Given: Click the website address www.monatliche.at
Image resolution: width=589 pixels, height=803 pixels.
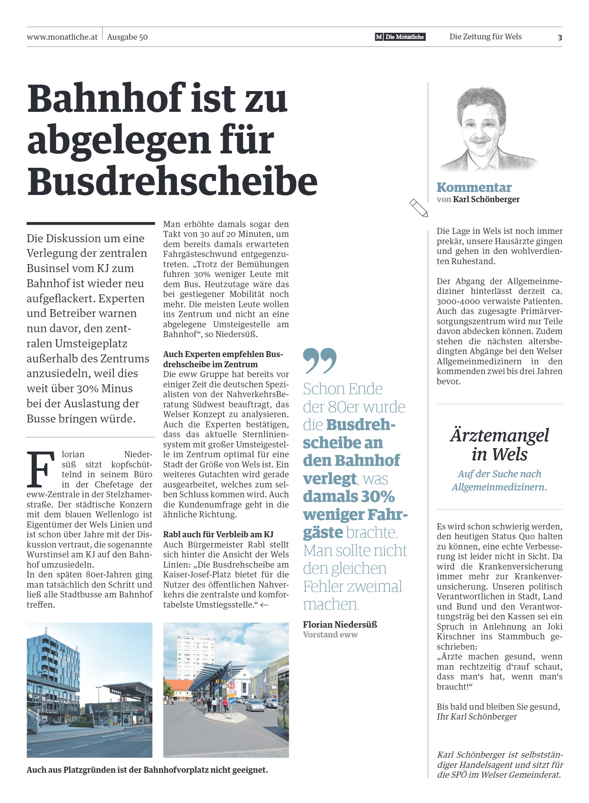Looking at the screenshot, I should click(x=62, y=37).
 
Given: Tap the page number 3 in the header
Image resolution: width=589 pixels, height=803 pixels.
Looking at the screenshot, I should click(x=560, y=37).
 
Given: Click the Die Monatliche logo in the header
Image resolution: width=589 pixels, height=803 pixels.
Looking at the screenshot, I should click(x=400, y=37).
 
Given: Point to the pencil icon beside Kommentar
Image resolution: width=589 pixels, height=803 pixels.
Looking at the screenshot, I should click(x=419, y=208).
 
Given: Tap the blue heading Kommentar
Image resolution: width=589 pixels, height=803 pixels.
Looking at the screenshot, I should click(x=474, y=187).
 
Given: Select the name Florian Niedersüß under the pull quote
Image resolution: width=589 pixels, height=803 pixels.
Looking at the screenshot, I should click(x=340, y=625).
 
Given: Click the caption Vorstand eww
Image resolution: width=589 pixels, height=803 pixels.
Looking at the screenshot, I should click(x=330, y=635).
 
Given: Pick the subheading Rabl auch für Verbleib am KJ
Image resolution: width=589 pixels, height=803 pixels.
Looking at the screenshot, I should click(x=218, y=534).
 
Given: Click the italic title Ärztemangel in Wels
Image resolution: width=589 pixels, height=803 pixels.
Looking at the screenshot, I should click(x=499, y=445).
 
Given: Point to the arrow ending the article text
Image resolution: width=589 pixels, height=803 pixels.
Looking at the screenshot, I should click(x=264, y=605).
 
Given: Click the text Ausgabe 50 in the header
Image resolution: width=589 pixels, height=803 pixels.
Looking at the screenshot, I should click(x=127, y=37).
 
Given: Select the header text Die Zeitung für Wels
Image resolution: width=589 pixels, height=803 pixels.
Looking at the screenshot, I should click(x=485, y=37).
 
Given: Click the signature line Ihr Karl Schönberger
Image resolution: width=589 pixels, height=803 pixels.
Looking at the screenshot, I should click(x=476, y=716).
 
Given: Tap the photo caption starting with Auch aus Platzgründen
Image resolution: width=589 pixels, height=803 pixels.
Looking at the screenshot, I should click(x=147, y=770).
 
